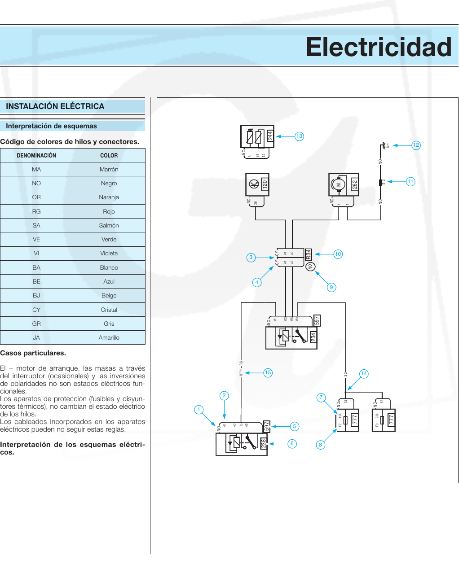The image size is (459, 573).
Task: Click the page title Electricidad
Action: pyautogui.click(x=379, y=47)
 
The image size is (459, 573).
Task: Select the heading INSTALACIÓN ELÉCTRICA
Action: pyautogui.click(x=55, y=106)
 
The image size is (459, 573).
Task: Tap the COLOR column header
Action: pyautogui.click(x=109, y=155)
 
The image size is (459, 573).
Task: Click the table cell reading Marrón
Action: pyautogui.click(x=109, y=169)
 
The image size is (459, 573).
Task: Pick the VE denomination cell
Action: pyautogui.click(x=36, y=239)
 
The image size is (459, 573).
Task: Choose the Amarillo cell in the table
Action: pyautogui.click(x=109, y=337)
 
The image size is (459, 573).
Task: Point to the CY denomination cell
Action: pyautogui.click(x=36, y=310)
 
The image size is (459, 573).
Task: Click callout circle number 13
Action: pyautogui.click(x=299, y=136)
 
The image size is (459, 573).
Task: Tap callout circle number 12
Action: pyautogui.click(x=416, y=145)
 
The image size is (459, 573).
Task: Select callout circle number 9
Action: pyautogui.click(x=331, y=287)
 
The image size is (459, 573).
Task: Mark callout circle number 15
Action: pyautogui.click(x=268, y=372)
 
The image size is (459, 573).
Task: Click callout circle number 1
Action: pyautogui.click(x=199, y=409)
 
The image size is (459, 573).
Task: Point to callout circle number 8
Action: pyautogui.click(x=320, y=445)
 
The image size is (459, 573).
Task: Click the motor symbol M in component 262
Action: pyautogui.click(x=339, y=184)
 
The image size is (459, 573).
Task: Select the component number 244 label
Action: pyautogui.click(x=270, y=136)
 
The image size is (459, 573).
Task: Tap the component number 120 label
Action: pyautogui.click(x=265, y=184)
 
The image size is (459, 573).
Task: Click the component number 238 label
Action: pyautogui.click(x=264, y=443)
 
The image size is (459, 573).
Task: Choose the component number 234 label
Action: pyautogui.click(x=313, y=337)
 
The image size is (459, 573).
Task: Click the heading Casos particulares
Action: pyautogui.click(x=33, y=353)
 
